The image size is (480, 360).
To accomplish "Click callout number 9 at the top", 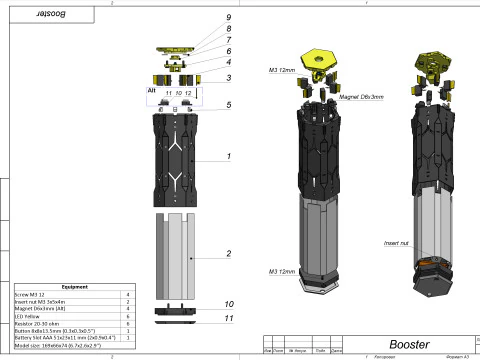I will (x=229, y=18).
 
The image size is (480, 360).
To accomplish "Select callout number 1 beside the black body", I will (x=229, y=156).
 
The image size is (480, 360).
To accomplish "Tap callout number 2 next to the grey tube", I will (x=229, y=254).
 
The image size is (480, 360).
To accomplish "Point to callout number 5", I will (x=229, y=104).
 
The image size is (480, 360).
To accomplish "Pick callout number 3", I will (x=229, y=77).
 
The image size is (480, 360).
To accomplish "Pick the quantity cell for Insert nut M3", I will (x=130, y=302).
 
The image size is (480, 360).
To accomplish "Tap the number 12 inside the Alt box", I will (x=189, y=92).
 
